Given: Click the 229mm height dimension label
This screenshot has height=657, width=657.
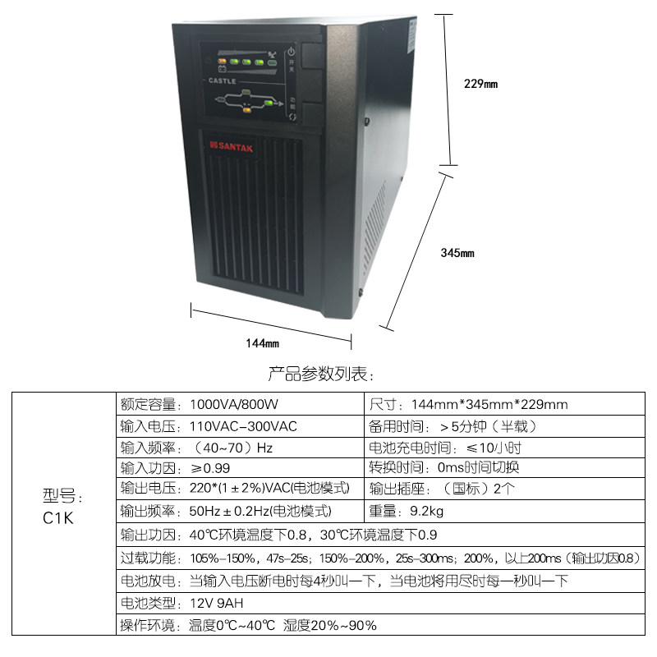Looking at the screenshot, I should point(480,84).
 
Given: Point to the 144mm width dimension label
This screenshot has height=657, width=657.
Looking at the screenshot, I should point(263,342).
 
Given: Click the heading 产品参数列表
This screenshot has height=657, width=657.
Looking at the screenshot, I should point(321,374).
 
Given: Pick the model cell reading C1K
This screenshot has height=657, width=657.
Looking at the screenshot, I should point(58,518).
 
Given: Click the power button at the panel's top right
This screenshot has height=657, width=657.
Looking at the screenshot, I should point(290,54).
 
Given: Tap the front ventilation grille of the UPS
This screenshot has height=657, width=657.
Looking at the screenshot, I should point(258,222).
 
